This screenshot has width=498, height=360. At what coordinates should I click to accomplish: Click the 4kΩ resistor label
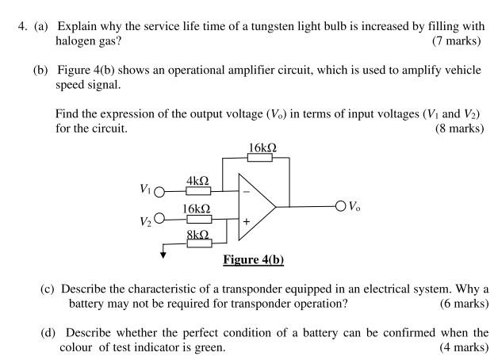(197, 181)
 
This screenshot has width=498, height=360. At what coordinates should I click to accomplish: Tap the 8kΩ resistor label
(197, 235)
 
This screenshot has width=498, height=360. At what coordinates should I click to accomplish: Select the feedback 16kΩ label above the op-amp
(262, 147)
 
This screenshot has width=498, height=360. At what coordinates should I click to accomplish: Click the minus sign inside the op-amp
(246, 192)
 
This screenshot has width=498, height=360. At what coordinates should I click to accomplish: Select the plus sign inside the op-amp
(246, 223)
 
